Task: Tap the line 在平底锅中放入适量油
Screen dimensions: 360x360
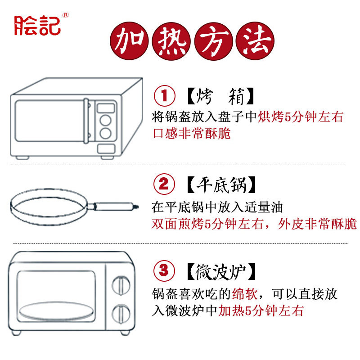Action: point(220,207)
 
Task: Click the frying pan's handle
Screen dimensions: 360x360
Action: point(115,207)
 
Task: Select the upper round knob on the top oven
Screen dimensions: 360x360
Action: point(105,121)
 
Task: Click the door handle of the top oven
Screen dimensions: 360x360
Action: point(85,121)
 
